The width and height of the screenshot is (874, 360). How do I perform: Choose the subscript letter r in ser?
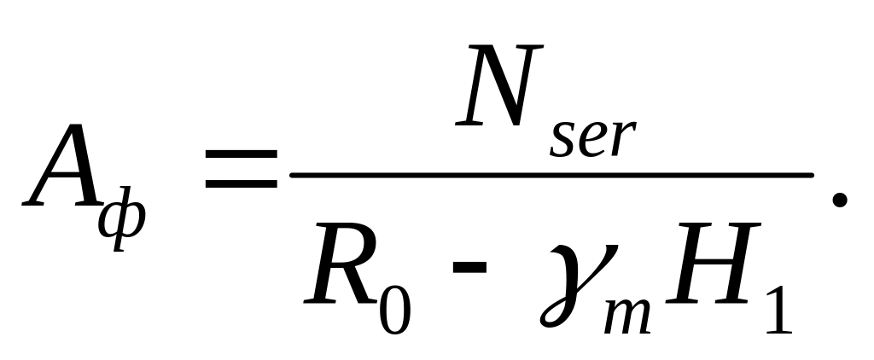pos(623,141)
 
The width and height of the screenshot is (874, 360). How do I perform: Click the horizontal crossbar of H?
pos(712,270)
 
